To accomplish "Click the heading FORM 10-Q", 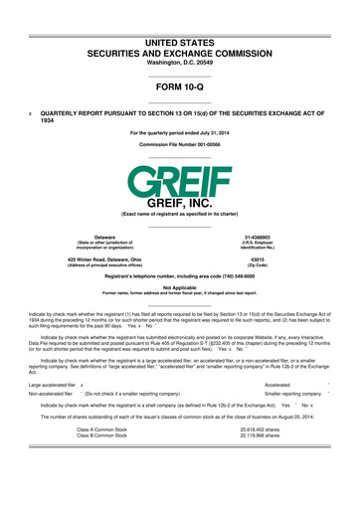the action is tap(180, 88).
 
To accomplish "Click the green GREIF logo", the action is tap(180, 178).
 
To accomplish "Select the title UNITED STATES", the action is tap(180, 16).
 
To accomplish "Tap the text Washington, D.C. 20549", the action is tap(180, 48).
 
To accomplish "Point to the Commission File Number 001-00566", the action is tap(180, 144).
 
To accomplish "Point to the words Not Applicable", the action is tap(180, 287).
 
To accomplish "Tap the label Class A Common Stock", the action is tap(101, 456).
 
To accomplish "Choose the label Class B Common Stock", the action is tap(101, 462).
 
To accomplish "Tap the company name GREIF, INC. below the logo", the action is tap(180, 203).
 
